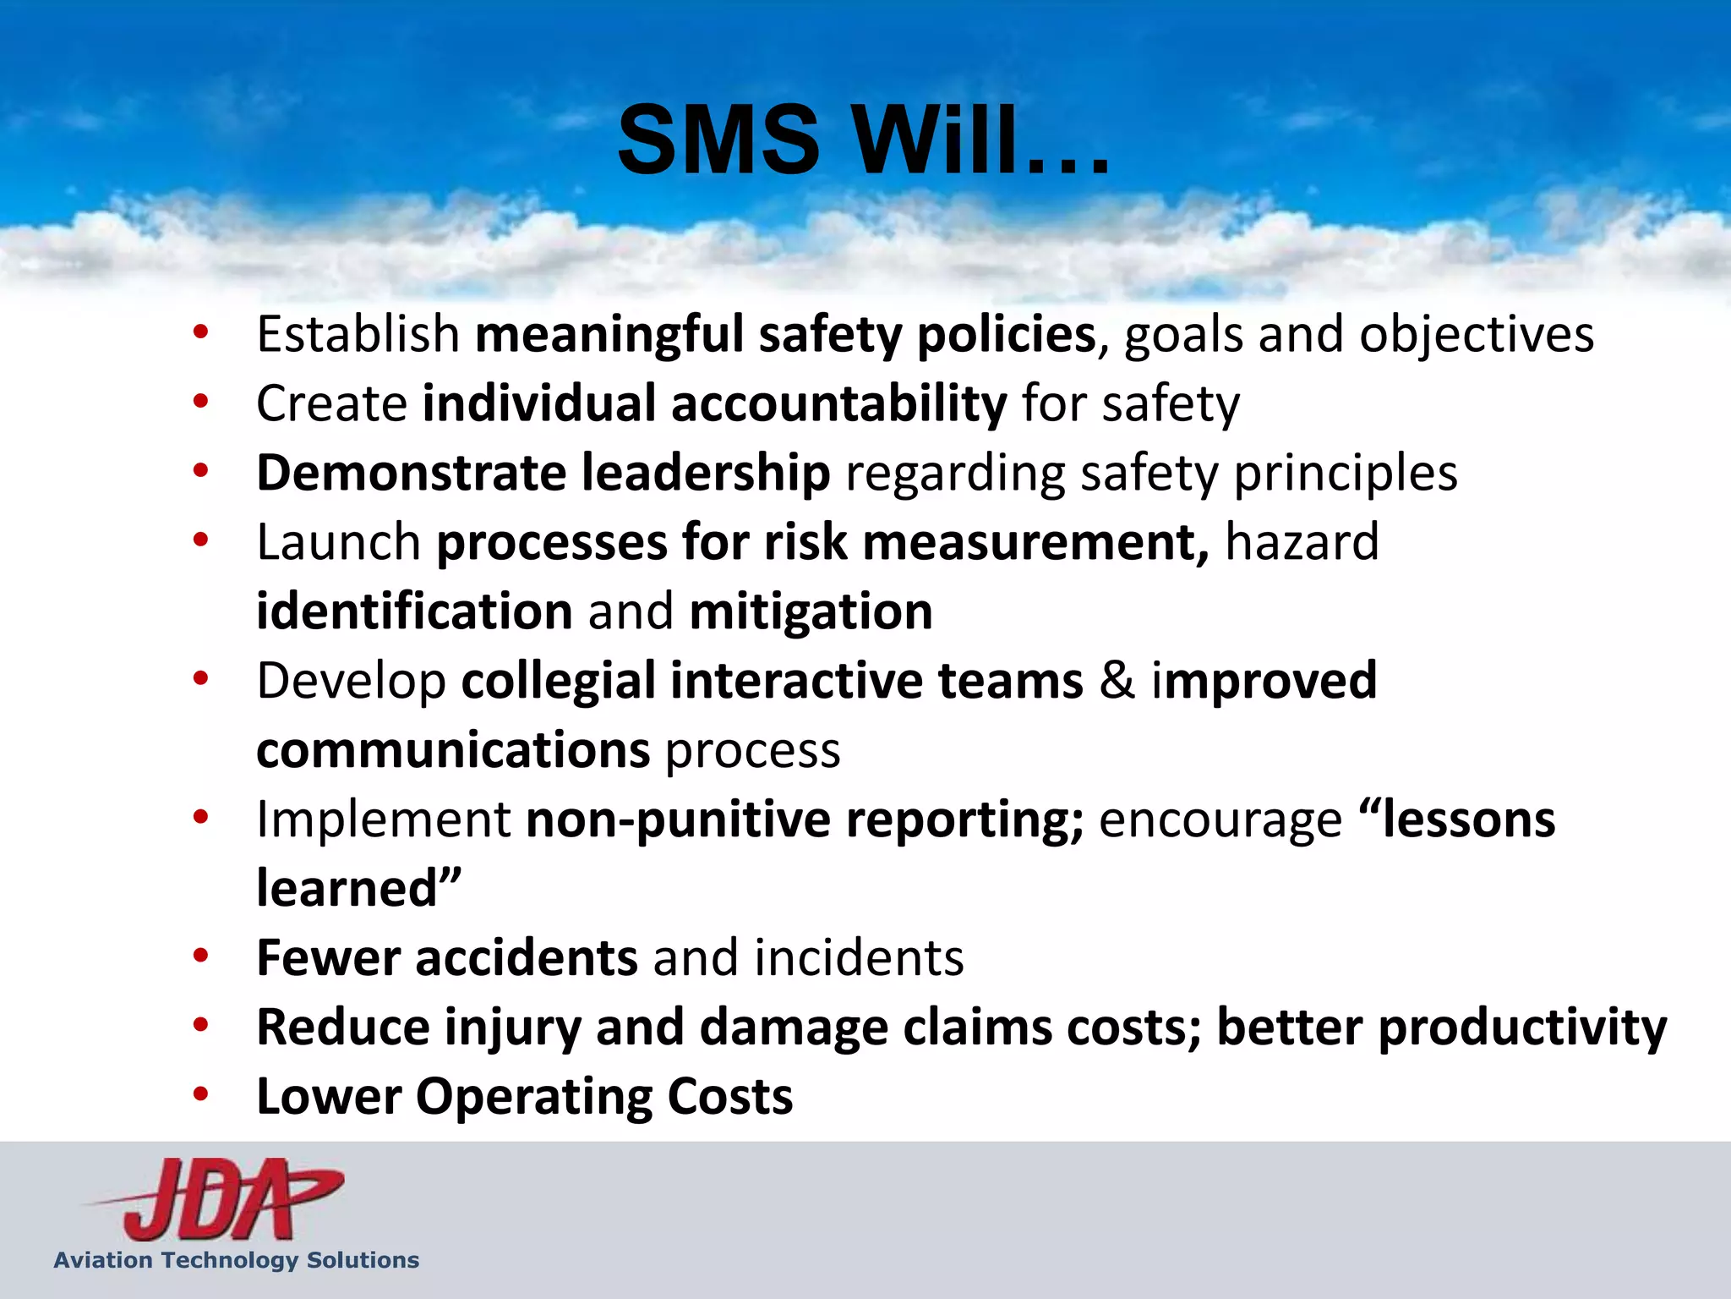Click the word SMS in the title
click(718, 140)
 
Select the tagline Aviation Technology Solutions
click(237, 1260)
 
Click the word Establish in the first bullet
click(358, 334)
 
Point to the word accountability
click(838, 403)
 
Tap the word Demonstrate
click(412, 473)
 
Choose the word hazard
click(1302, 542)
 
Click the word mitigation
click(811, 611)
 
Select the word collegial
click(558, 682)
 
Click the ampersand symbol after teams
click(1117, 682)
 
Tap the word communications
click(453, 751)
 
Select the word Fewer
click(329, 958)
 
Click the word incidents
click(859, 958)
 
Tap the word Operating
click(533, 1097)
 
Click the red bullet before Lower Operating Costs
click(200, 1095)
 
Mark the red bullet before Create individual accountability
click(200, 402)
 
